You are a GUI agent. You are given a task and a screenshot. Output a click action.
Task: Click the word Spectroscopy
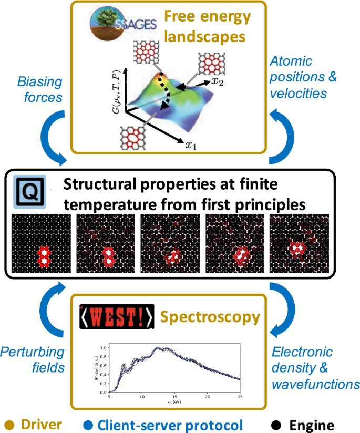pos(210,317)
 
